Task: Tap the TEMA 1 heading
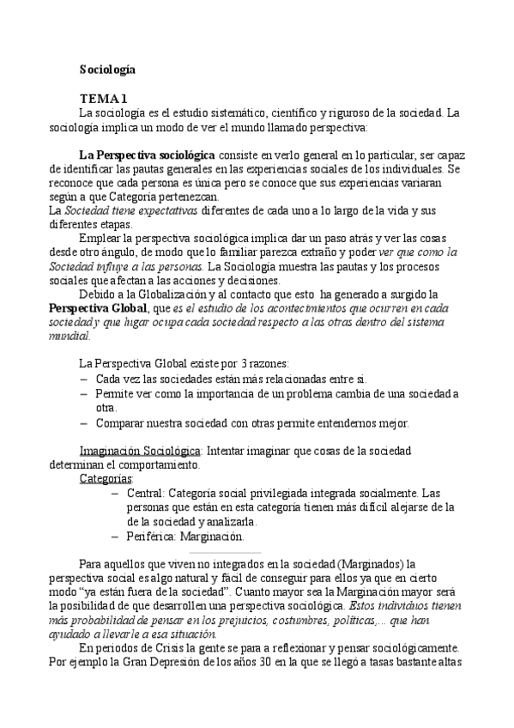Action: (x=105, y=99)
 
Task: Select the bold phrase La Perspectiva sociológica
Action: (x=147, y=155)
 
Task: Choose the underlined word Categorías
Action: (x=106, y=477)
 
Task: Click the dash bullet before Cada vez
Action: (x=83, y=379)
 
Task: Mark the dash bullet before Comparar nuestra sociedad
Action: (x=83, y=422)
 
